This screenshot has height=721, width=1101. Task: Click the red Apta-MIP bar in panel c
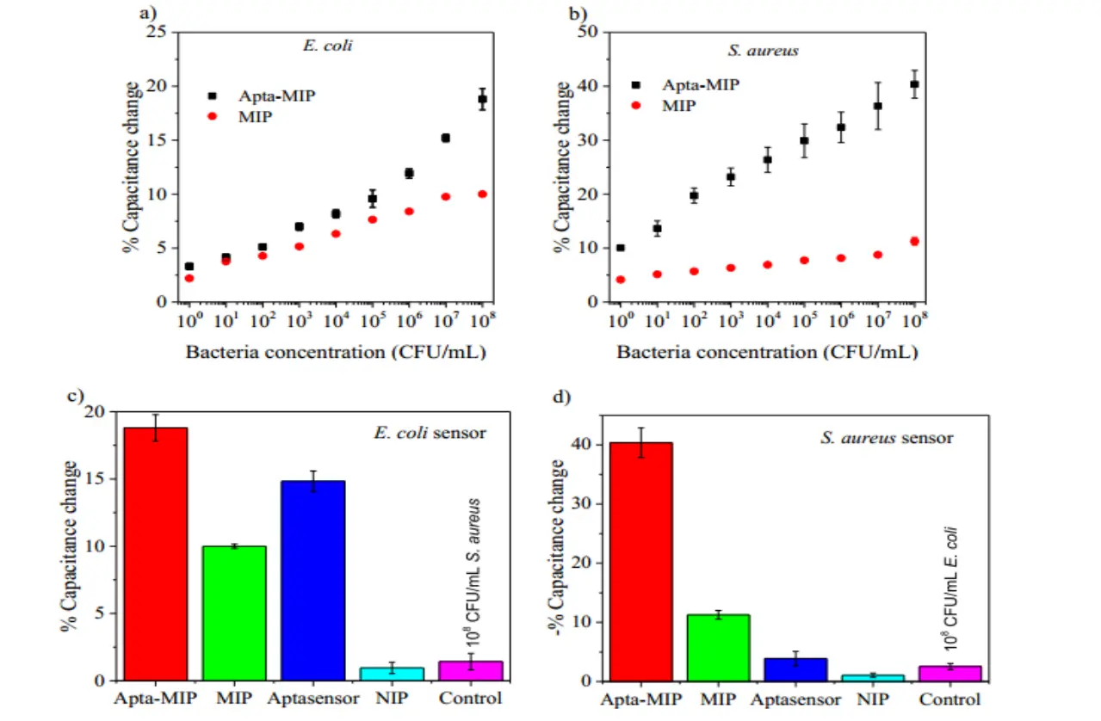(x=156, y=554)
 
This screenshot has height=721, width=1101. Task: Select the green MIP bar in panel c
(x=234, y=613)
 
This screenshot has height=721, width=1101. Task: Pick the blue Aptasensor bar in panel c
(x=312, y=581)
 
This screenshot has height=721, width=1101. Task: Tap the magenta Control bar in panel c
(x=470, y=670)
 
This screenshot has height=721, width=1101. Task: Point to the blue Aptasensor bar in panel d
(x=796, y=669)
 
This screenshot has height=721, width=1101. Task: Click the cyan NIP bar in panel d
(x=874, y=677)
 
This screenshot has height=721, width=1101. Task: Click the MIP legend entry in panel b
(x=678, y=105)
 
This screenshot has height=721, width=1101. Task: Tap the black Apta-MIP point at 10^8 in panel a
(x=482, y=99)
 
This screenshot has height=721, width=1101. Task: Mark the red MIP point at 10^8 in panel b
(x=914, y=242)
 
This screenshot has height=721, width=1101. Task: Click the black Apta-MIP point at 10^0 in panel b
(x=621, y=248)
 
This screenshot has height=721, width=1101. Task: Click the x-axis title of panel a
(x=335, y=353)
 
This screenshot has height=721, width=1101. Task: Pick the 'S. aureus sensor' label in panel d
(x=887, y=438)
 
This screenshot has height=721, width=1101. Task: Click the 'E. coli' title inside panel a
(x=327, y=46)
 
